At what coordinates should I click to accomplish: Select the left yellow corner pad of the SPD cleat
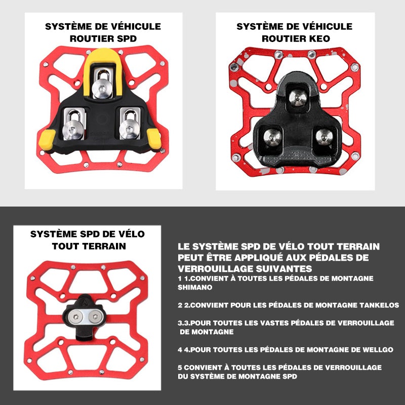pyautogui.click(x=47, y=140)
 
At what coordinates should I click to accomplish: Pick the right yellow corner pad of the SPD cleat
pyautogui.click(x=154, y=139)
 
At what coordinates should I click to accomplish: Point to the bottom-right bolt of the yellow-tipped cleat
pyautogui.click(x=130, y=129)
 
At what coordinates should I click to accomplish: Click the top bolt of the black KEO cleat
pyautogui.click(x=298, y=98)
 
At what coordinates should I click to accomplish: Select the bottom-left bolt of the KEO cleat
pyautogui.click(x=272, y=137)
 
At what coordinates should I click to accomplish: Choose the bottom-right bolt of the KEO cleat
pyautogui.click(x=325, y=136)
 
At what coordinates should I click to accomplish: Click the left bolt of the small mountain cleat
pyautogui.click(x=75, y=317)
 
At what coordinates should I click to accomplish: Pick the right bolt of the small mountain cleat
pyautogui.click(x=95, y=316)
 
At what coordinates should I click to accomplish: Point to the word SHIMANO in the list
pyautogui.click(x=195, y=287)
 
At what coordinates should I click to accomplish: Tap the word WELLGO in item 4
pyautogui.click(x=378, y=350)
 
